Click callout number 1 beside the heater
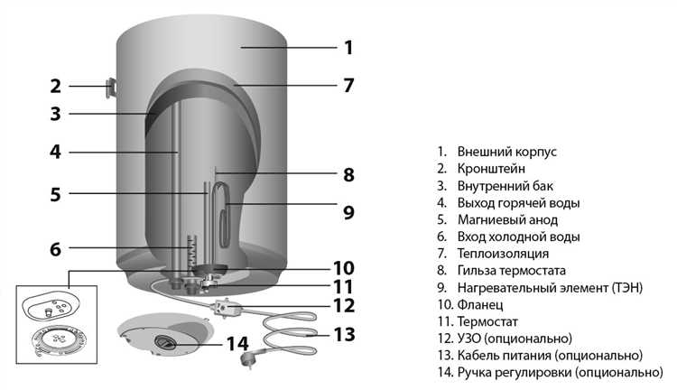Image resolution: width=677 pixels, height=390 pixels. click(x=348, y=47)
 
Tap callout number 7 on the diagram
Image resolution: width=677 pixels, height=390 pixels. click(x=348, y=87)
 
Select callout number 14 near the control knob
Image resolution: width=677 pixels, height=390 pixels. click(x=236, y=343)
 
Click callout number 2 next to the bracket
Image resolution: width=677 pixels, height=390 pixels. click(x=55, y=87)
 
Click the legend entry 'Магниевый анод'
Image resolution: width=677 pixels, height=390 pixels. click(x=507, y=219)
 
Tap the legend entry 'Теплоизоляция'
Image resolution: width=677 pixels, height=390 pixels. click(x=502, y=254)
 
